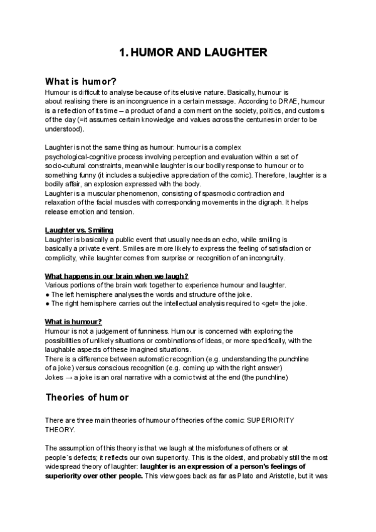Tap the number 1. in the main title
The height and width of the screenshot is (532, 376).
tap(123, 53)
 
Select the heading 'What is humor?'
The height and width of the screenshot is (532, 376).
tap(81, 82)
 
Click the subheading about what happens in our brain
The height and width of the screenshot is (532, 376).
tap(117, 277)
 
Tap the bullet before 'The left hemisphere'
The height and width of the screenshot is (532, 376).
tap(48, 295)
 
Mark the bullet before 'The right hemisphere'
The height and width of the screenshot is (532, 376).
tap(48, 304)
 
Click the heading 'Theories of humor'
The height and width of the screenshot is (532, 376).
tap(87, 397)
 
